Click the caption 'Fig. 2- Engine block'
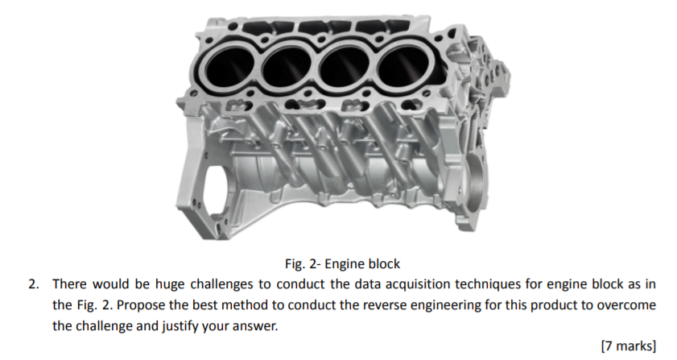(x=342, y=264)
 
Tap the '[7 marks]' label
(x=629, y=346)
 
